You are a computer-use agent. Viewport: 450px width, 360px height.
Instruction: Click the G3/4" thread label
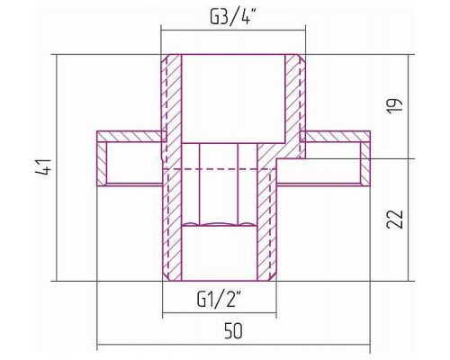pyautogui.click(x=232, y=18)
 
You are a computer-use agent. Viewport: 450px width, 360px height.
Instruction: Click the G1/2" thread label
pyautogui.click(x=220, y=299)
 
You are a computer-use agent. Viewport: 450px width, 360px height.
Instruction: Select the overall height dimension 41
pyautogui.click(x=44, y=167)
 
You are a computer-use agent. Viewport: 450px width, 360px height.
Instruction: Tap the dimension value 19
pyautogui.click(x=394, y=105)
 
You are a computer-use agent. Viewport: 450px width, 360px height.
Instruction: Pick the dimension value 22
pyautogui.click(x=394, y=220)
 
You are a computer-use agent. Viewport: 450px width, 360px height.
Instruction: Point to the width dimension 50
pyautogui.click(x=233, y=331)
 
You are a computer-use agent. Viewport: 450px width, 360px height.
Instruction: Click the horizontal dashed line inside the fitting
pyautogui.click(x=220, y=169)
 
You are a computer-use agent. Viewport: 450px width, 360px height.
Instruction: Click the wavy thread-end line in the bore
pyautogui.click(x=220, y=224)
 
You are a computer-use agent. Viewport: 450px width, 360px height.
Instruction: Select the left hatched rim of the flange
pyautogui.click(x=102, y=164)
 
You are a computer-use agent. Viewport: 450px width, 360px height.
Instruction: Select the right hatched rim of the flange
pyautogui.click(x=365, y=164)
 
